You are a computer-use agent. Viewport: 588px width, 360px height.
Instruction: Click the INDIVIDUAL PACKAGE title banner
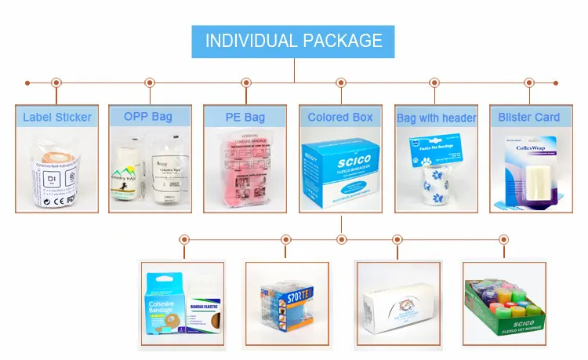point(294,41)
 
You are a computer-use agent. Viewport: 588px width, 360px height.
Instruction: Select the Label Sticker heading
point(56,118)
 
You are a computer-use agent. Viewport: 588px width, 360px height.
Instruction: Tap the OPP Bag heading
point(148,117)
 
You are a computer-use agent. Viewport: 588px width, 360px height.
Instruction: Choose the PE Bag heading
point(245,117)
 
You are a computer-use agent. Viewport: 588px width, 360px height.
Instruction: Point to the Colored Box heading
point(340,117)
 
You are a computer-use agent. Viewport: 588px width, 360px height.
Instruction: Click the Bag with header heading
point(437,118)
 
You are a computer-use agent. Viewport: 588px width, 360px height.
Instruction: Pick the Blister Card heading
point(529,117)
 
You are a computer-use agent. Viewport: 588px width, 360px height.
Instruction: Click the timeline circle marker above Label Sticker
point(56,82)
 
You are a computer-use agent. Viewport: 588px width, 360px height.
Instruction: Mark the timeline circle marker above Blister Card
point(529,82)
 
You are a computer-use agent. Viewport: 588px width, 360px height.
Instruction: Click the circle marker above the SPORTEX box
point(285,239)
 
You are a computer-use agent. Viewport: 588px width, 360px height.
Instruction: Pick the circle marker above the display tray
point(502,239)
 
